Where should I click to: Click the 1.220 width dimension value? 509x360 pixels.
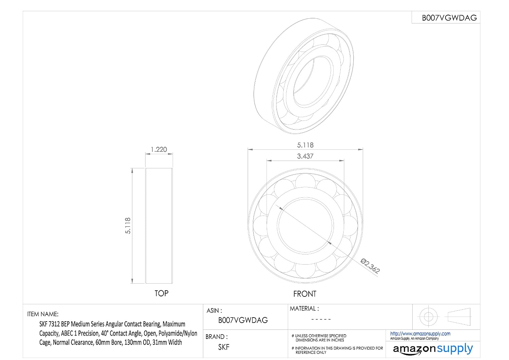pos(159,149)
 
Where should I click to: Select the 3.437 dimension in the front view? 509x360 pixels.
pos(305,156)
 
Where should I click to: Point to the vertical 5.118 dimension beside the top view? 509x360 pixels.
pos(128,226)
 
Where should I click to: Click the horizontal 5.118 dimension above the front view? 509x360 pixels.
pos(305,145)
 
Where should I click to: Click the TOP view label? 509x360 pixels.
pos(162,293)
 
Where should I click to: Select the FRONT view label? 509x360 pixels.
pos(305,294)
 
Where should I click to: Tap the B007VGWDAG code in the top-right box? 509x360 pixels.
pos(449,18)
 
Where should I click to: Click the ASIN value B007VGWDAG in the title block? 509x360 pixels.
pos(243,320)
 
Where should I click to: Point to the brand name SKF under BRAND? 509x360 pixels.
pos(224,347)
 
